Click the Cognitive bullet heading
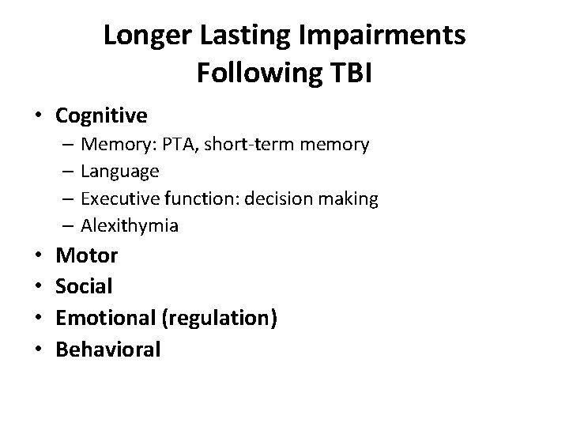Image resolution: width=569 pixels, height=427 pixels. coord(101,116)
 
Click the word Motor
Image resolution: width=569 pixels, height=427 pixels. coord(86,255)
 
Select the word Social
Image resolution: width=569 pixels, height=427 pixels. coord(85,286)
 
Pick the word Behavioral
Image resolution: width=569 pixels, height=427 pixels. coord(108,349)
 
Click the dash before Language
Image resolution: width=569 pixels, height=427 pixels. coord(70,171)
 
